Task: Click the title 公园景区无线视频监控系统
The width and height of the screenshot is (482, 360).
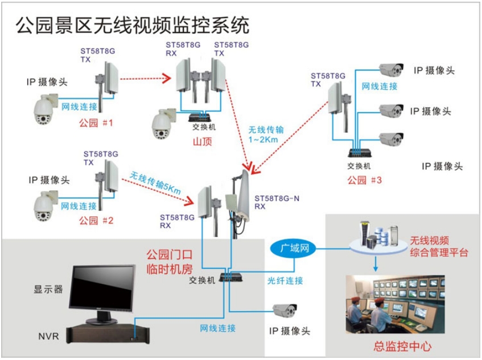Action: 132,24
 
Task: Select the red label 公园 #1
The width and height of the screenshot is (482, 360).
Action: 95,122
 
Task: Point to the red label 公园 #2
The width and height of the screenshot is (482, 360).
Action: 96,220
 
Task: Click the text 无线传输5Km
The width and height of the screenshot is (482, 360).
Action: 155,181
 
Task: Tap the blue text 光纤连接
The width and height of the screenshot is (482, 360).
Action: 285,281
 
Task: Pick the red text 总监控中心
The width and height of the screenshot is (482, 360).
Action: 402,346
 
